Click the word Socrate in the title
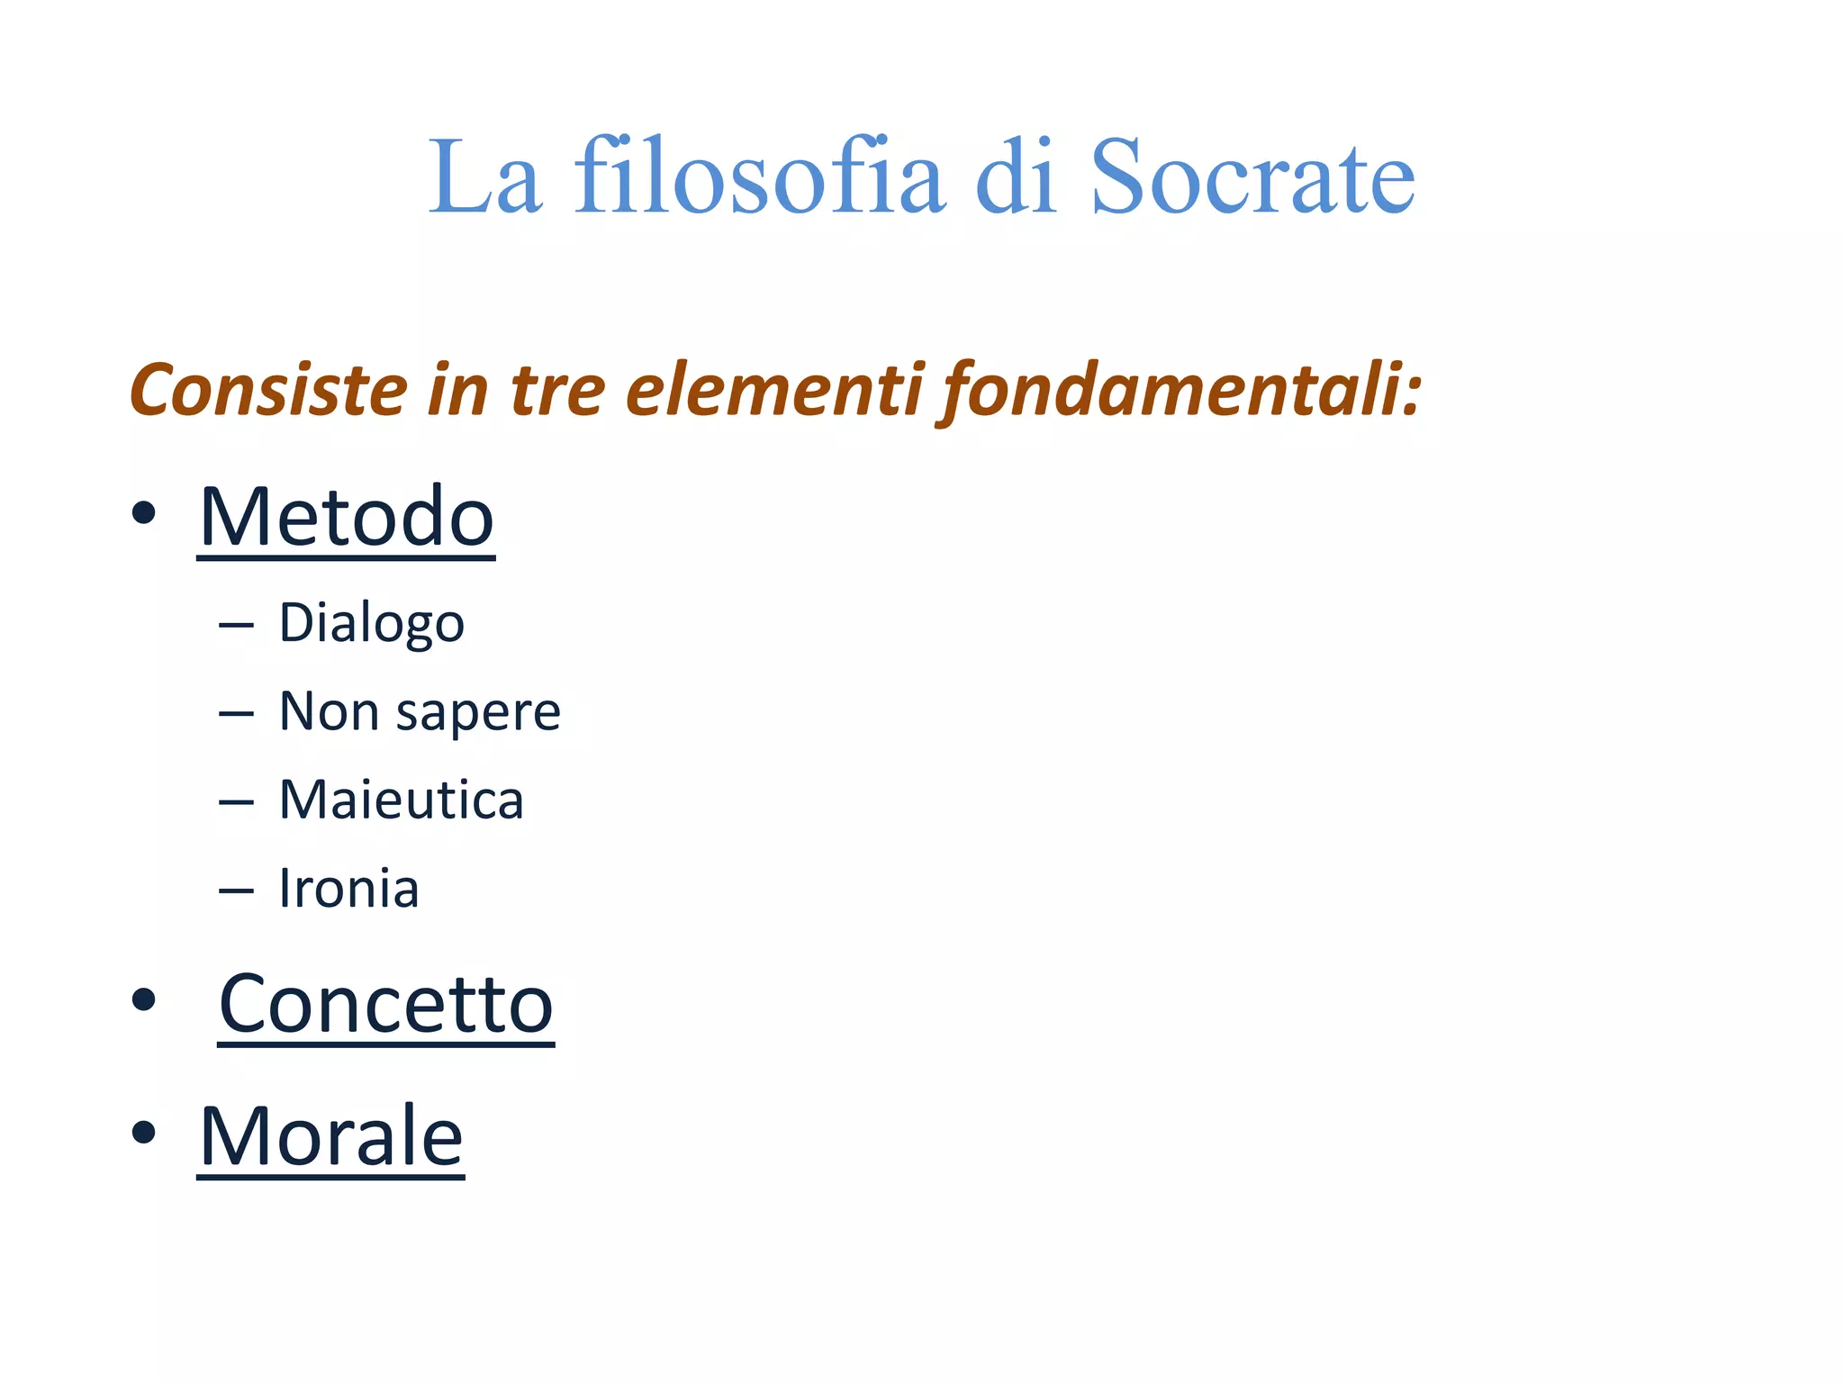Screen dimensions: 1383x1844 (x=1252, y=177)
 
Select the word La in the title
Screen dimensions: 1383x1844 (x=484, y=177)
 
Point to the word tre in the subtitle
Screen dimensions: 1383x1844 (x=557, y=390)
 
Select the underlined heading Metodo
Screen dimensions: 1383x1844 (x=347, y=517)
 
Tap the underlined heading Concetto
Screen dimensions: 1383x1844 (x=386, y=1004)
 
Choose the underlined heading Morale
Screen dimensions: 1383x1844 (x=331, y=1136)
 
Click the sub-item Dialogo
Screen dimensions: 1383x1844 (x=372, y=623)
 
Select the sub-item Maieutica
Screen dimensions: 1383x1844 (x=402, y=800)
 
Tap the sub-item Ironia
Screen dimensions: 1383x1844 (x=349, y=889)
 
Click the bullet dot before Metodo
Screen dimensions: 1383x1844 (x=144, y=513)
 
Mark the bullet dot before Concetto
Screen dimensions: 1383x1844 (x=144, y=999)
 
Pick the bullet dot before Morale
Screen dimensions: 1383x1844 (x=144, y=1132)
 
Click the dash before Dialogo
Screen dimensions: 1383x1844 (x=236, y=624)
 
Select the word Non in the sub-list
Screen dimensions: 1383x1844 (x=330, y=712)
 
